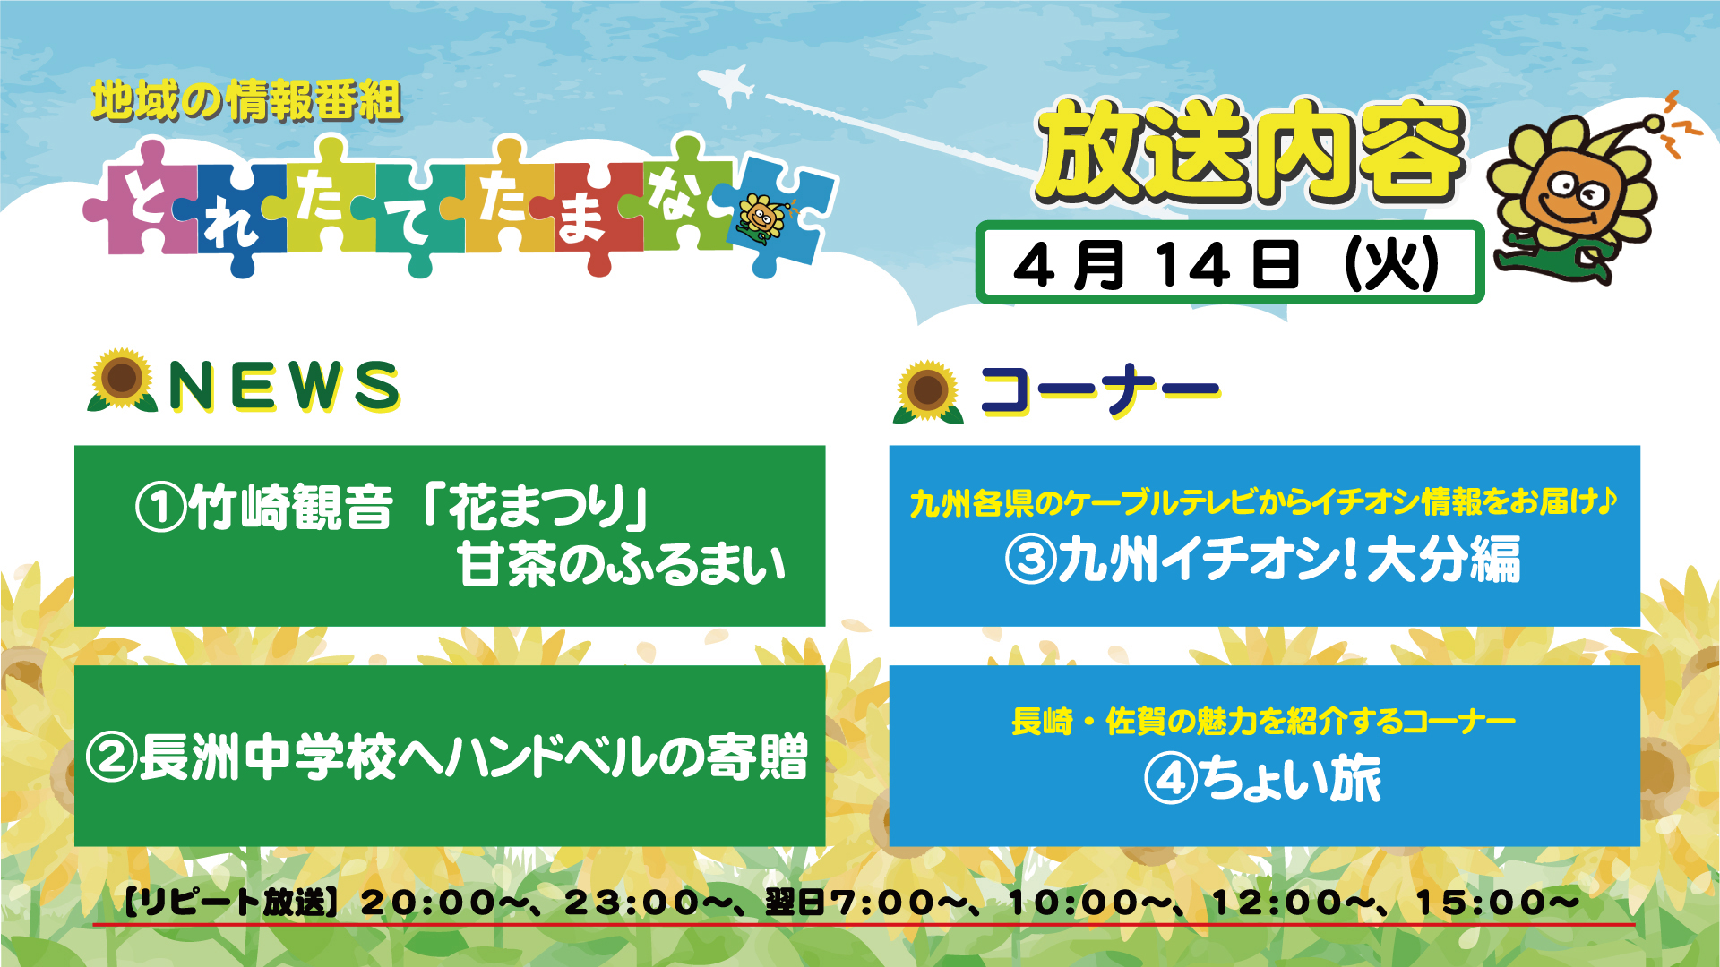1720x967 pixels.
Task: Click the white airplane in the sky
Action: [x=727, y=85]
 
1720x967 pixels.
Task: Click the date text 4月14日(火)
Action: [x=1227, y=265]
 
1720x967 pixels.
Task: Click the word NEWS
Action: [x=285, y=386]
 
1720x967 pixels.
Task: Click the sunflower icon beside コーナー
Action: [x=928, y=391]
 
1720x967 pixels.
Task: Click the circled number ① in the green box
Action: [x=160, y=508]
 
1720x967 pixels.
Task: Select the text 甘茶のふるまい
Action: [x=622, y=566]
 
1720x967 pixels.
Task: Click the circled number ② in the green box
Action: [x=111, y=757]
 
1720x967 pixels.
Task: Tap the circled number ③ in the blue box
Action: [x=1031, y=560]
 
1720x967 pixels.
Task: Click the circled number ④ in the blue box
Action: [x=1171, y=779]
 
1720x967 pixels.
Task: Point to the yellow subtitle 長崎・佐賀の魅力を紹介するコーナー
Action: [x=1263, y=721]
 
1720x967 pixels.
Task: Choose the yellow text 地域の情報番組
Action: [x=246, y=100]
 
